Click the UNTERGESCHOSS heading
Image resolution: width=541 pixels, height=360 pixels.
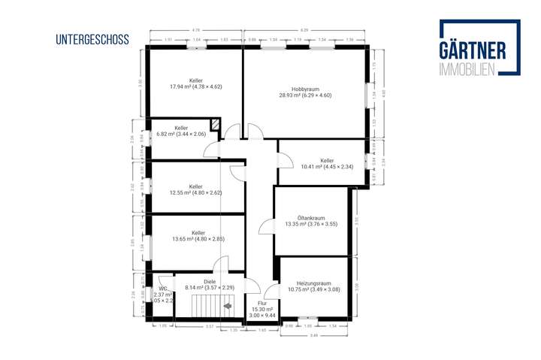click(92, 39)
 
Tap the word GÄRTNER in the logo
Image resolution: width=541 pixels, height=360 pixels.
click(473, 52)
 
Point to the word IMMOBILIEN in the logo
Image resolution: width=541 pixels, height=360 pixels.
click(473, 70)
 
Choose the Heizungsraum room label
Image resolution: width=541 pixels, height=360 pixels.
click(309, 283)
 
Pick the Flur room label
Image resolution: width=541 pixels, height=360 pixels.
click(262, 303)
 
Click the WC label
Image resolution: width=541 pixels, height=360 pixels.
click(162, 288)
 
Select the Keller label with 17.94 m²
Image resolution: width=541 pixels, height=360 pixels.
click(196, 80)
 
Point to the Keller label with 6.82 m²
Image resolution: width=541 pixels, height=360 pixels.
click(181, 128)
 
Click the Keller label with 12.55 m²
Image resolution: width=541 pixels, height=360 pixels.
click(196, 186)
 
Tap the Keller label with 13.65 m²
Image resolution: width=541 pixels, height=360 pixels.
click(198, 233)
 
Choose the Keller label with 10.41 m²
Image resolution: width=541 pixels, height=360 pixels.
click(327, 160)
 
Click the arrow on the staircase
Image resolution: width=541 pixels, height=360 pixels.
click(228, 306)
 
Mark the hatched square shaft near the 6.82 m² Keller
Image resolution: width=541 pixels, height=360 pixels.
click(215, 125)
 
